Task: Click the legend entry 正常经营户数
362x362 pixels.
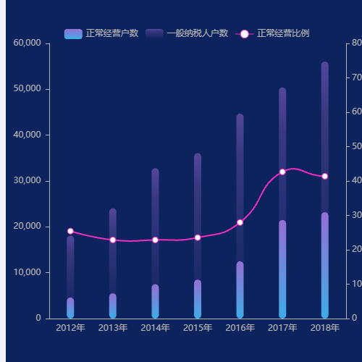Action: pos(101,33)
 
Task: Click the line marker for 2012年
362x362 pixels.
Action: pos(70,231)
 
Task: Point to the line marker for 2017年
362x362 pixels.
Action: pos(282,172)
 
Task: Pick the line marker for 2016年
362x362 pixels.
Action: pos(240,222)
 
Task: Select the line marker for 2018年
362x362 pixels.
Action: pos(324,176)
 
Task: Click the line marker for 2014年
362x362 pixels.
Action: pos(155,240)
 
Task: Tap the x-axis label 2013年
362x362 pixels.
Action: pos(112,328)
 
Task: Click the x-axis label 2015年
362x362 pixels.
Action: pos(197,328)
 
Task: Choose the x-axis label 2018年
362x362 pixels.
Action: pos(324,328)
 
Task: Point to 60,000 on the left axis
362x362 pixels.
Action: pos(28,43)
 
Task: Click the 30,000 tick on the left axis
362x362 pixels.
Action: pos(28,181)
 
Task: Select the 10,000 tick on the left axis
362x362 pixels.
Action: pos(28,272)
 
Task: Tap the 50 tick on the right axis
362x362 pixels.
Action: pos(353,146)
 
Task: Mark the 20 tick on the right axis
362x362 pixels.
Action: pos(353,249)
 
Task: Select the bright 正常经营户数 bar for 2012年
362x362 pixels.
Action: pos(70,308)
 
